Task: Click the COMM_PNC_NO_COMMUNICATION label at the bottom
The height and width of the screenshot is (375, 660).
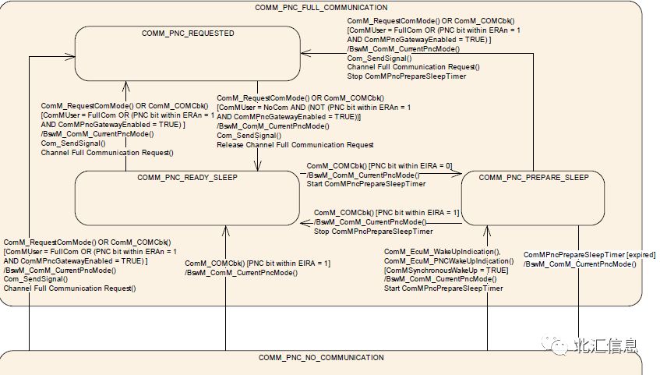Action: [x=321, y=358]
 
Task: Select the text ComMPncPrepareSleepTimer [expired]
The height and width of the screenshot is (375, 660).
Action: [x=589, y=255]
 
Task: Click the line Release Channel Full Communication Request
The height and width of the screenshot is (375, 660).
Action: [x=295, y=145]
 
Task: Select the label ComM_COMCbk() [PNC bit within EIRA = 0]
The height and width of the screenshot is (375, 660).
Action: [x=379, y=166]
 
